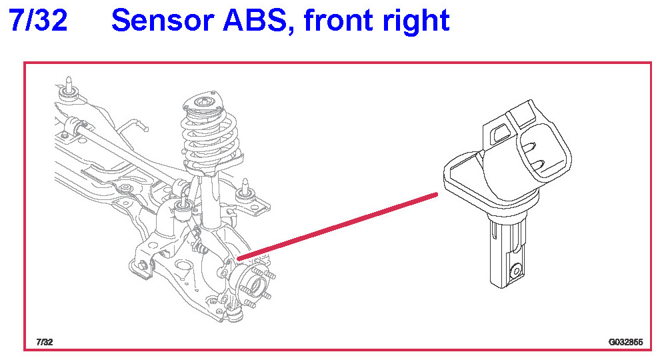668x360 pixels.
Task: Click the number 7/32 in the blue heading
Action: pyautogui.click(x=39, y=21)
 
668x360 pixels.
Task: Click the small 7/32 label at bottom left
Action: pyautogui.click(x=45, y=342)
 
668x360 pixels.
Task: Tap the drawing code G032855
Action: pyautogui.click(x=625, y=342)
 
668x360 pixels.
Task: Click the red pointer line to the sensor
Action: pyautogui.click(x=337, y=225)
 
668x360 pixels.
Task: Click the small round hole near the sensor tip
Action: pyautogui.click(x=515, y=270)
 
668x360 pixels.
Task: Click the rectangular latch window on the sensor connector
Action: pyautogui.click(x=499, y=135)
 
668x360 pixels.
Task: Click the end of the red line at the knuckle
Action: pyautogui.click(x=239, y=258)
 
